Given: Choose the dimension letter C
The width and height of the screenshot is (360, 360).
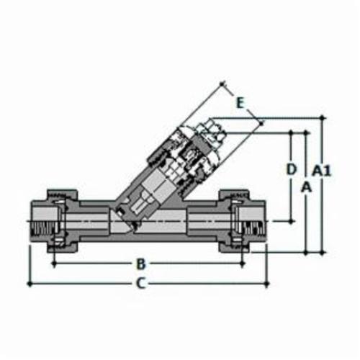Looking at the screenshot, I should (x=142, y=283).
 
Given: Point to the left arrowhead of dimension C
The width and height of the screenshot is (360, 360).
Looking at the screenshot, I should (x=30, y=283).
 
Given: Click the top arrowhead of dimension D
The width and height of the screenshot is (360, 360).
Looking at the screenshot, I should (x=290, y=134).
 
